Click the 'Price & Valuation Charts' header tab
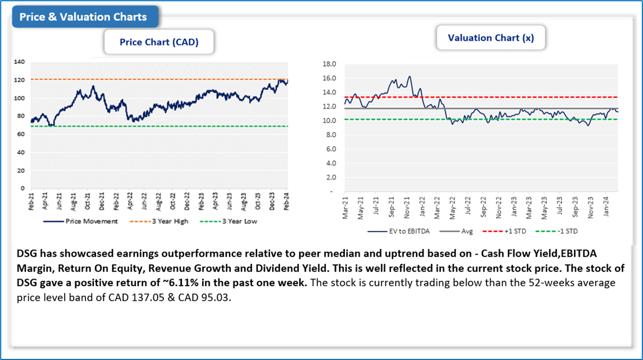pos(83,17)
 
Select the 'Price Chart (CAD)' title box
pos(159,42)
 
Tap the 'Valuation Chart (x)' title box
pos(490,38)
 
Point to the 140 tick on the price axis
pos(20,62)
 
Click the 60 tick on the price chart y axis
pos(21,134)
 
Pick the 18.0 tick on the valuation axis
pos(330,64)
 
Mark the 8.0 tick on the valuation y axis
pos(331,135)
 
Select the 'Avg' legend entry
pos(467,231)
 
